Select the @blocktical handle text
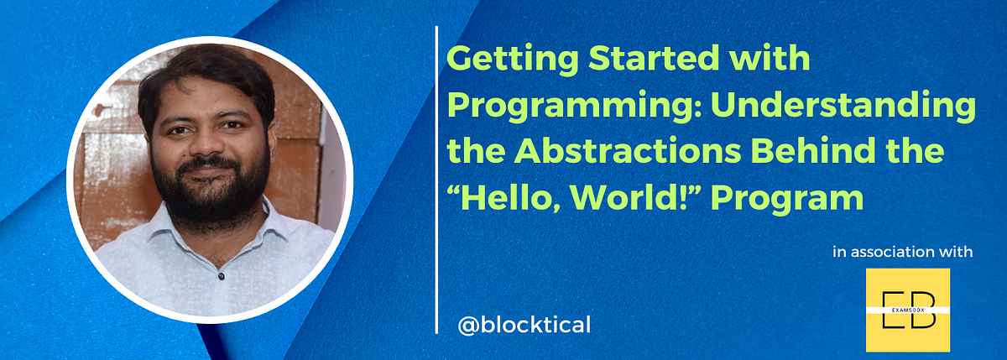(524, 324)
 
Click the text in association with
(902, 251)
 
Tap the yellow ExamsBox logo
(907, 310)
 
